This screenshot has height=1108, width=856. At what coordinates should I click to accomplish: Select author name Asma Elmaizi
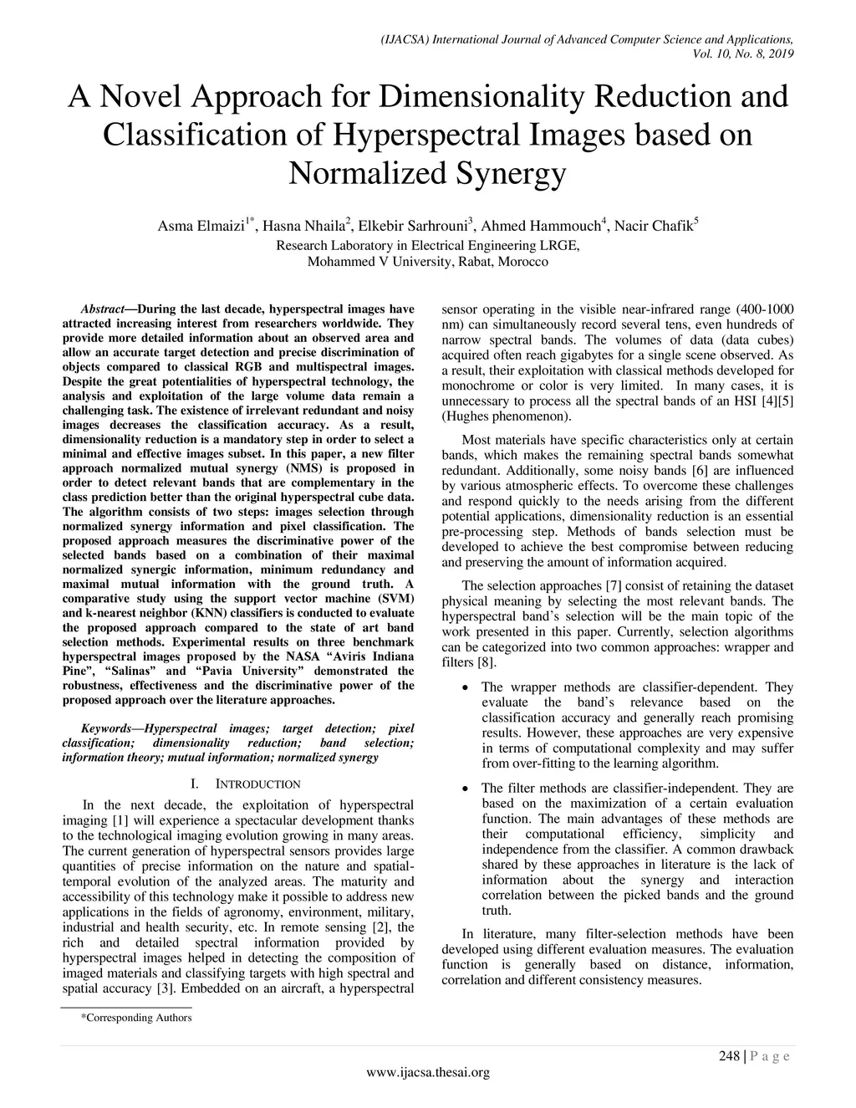coord(201,226)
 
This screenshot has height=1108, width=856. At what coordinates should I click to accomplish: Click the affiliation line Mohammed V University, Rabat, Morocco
coord(428,262)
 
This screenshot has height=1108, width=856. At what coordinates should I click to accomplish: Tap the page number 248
coord(729,1056)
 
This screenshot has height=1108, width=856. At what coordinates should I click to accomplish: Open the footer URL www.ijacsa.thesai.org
coord(428,1073)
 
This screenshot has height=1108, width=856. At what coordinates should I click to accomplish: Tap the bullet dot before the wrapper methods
coord(465,687)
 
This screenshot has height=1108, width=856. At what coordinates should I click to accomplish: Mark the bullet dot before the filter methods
coord(465,789)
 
